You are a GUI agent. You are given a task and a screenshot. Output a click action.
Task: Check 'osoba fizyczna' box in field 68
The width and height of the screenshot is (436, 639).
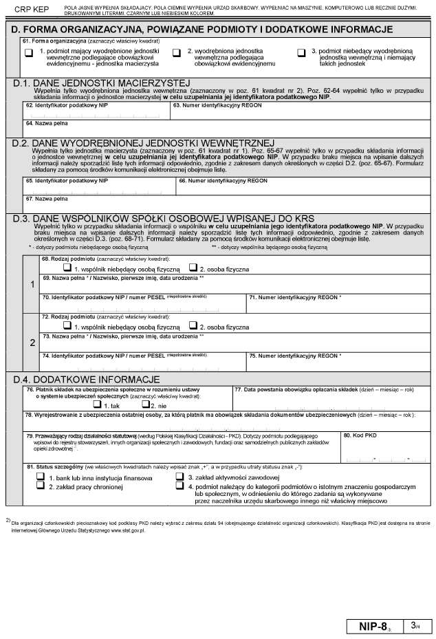click(x=193, y=268)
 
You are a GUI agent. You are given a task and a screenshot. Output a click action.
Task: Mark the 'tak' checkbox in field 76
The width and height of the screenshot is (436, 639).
click(x=97, y=405)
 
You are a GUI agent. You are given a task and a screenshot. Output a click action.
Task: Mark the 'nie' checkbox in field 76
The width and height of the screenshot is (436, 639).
click(x=145, y=405)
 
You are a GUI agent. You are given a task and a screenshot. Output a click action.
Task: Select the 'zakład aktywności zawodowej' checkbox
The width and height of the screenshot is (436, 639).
click(x=180, y=476)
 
